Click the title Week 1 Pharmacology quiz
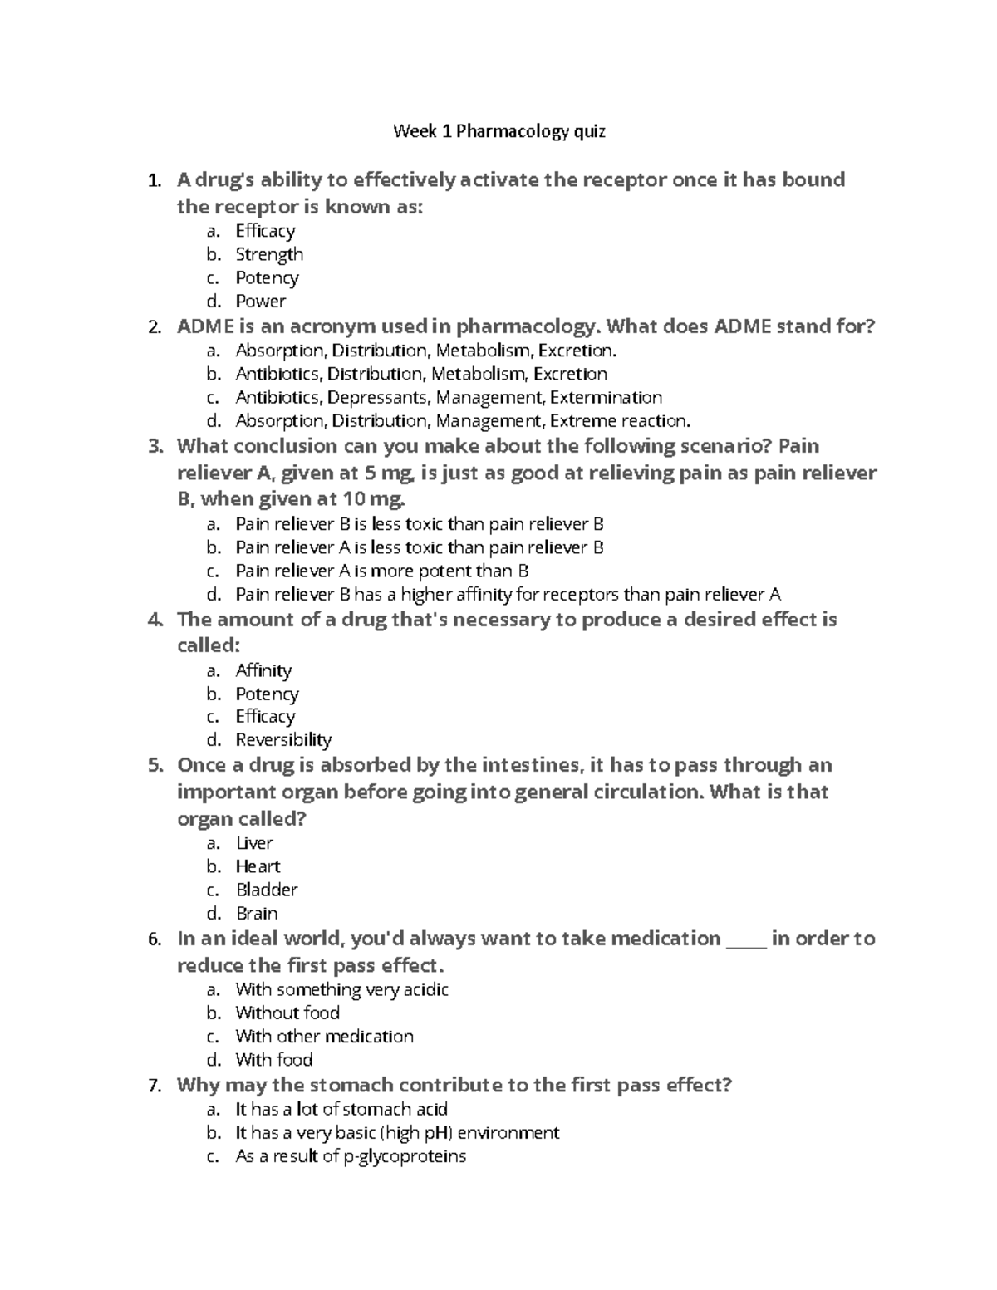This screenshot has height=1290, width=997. click(x=498, y=131)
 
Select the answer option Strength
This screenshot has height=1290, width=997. click(x=268, y=254)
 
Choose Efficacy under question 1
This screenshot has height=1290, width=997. click(x=265, y=231)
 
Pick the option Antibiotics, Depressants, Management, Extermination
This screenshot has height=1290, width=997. click(x=448, y=397)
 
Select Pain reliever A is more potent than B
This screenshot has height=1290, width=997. click(x=381, y=571)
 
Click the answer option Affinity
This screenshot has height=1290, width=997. click(x=263, y=670)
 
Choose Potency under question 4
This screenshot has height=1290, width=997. click(x=267, y=694)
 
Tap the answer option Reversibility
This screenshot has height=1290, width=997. click(x=283, y=739)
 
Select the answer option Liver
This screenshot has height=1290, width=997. click(x=254, y=843)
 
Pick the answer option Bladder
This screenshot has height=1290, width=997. click(x=266, y=890)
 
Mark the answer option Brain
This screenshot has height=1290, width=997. click(x=257, y=913)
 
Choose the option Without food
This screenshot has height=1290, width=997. click(x=287, y=1013)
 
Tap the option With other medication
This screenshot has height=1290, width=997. click(x=324, y=1036)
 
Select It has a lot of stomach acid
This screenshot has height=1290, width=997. click(x=341, y=1109)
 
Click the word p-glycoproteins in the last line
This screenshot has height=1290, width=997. click(x=405, y=1156)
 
